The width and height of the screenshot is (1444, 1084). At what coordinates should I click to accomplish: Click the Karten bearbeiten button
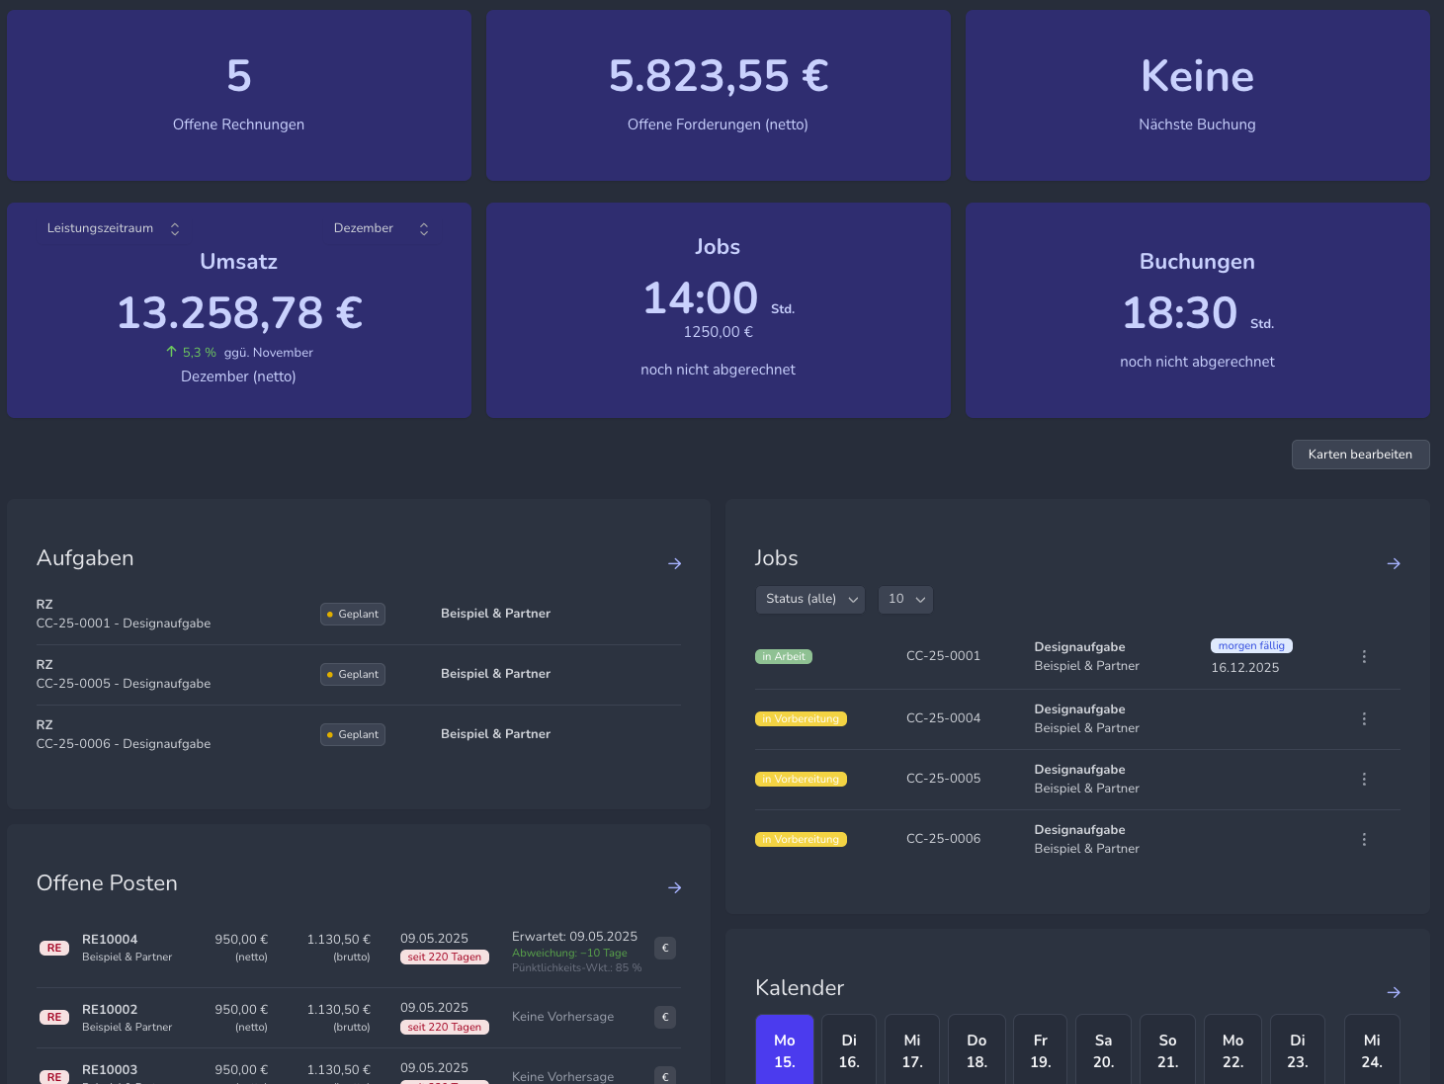[x=1360, y=455]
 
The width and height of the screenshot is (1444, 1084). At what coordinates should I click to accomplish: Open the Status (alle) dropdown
[x=810, y=599]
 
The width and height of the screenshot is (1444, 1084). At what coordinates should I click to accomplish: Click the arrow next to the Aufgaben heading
[x=675, y=563]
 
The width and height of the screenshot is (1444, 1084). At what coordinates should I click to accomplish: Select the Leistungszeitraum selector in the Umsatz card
[x=114, y=228]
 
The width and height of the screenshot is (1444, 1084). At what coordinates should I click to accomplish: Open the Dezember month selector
[x=382, y=228]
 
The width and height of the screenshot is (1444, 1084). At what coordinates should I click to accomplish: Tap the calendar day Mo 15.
[x=785, y=1050]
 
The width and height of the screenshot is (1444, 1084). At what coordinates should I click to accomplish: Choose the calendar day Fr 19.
[x=1040, y=1050]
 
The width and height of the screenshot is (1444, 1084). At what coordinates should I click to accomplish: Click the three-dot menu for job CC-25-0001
[x=1364, y=657]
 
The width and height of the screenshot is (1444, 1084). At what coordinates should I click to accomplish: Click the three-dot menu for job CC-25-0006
[x=1364, y=839]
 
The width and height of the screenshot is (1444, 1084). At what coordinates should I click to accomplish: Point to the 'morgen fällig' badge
[x=1251, y=646]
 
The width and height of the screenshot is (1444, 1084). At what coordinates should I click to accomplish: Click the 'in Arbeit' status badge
[x=784, y=657]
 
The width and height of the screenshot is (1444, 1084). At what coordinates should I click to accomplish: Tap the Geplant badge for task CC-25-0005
[x=353, y=674]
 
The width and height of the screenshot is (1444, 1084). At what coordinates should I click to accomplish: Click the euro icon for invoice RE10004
[x=665, y=948]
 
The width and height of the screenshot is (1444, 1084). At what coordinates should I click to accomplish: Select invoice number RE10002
[x=110, y=1010]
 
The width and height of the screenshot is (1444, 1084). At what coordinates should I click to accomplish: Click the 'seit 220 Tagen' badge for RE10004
[x=444, y=957]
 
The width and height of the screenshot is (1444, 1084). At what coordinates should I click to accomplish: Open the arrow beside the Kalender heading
[x=1394, y=992]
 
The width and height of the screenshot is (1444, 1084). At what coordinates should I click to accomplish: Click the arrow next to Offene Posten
[x=675, y=887]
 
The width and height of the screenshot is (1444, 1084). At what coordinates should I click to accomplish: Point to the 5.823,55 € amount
[x=719, y=76]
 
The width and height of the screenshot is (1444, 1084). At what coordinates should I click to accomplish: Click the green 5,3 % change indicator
[x=192, y=353]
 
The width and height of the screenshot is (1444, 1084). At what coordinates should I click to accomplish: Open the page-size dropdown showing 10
[x=905, y=599]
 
